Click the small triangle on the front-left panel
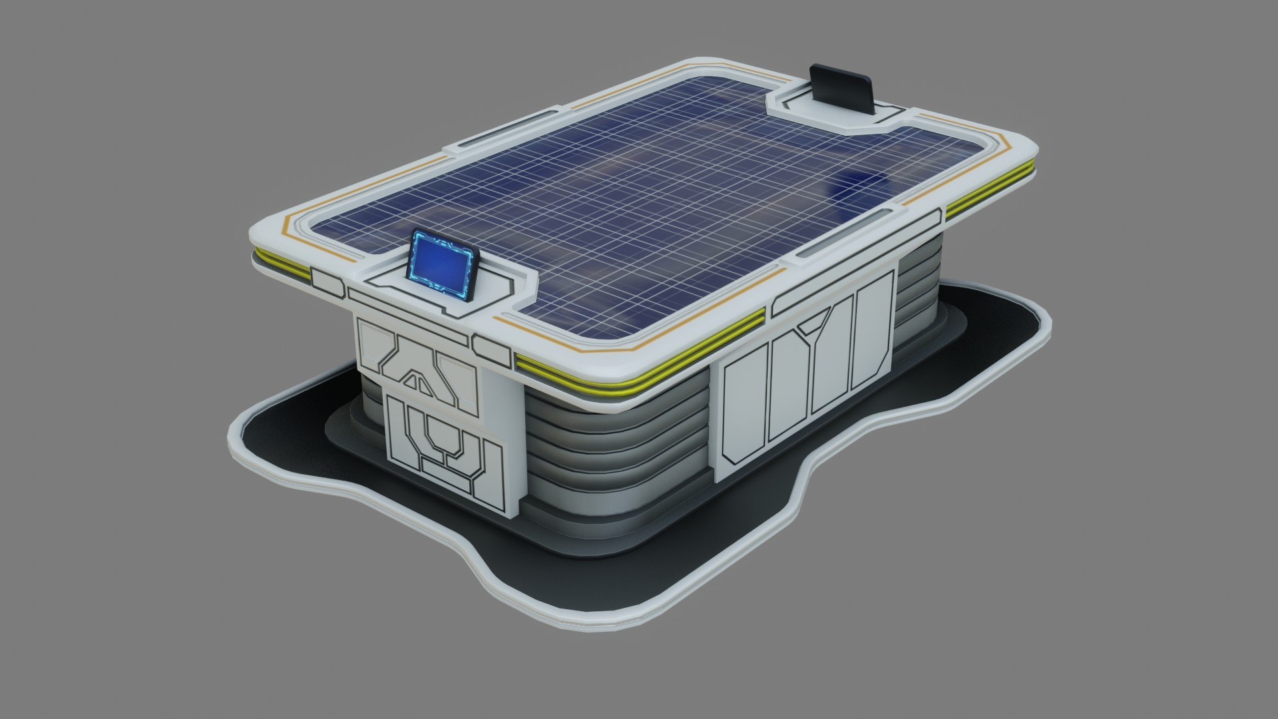tap(417, 381)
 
